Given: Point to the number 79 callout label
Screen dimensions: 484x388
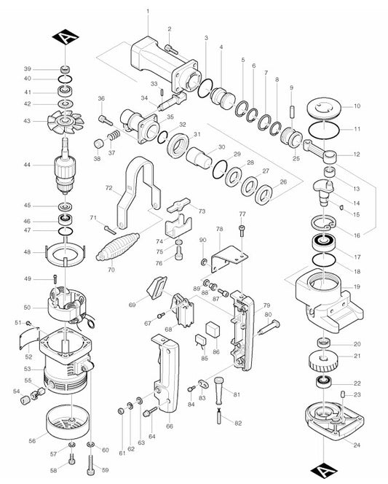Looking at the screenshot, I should pos(266,305).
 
